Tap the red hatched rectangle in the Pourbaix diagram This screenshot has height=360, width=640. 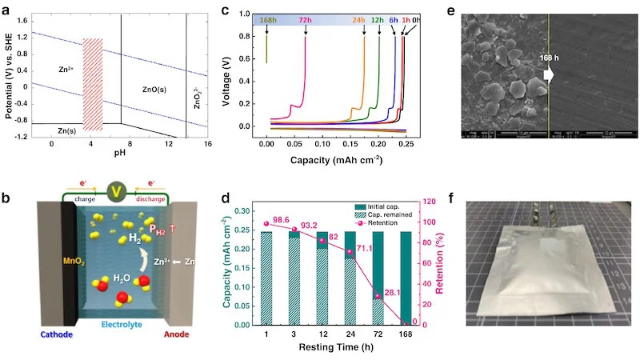coord(93,84)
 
